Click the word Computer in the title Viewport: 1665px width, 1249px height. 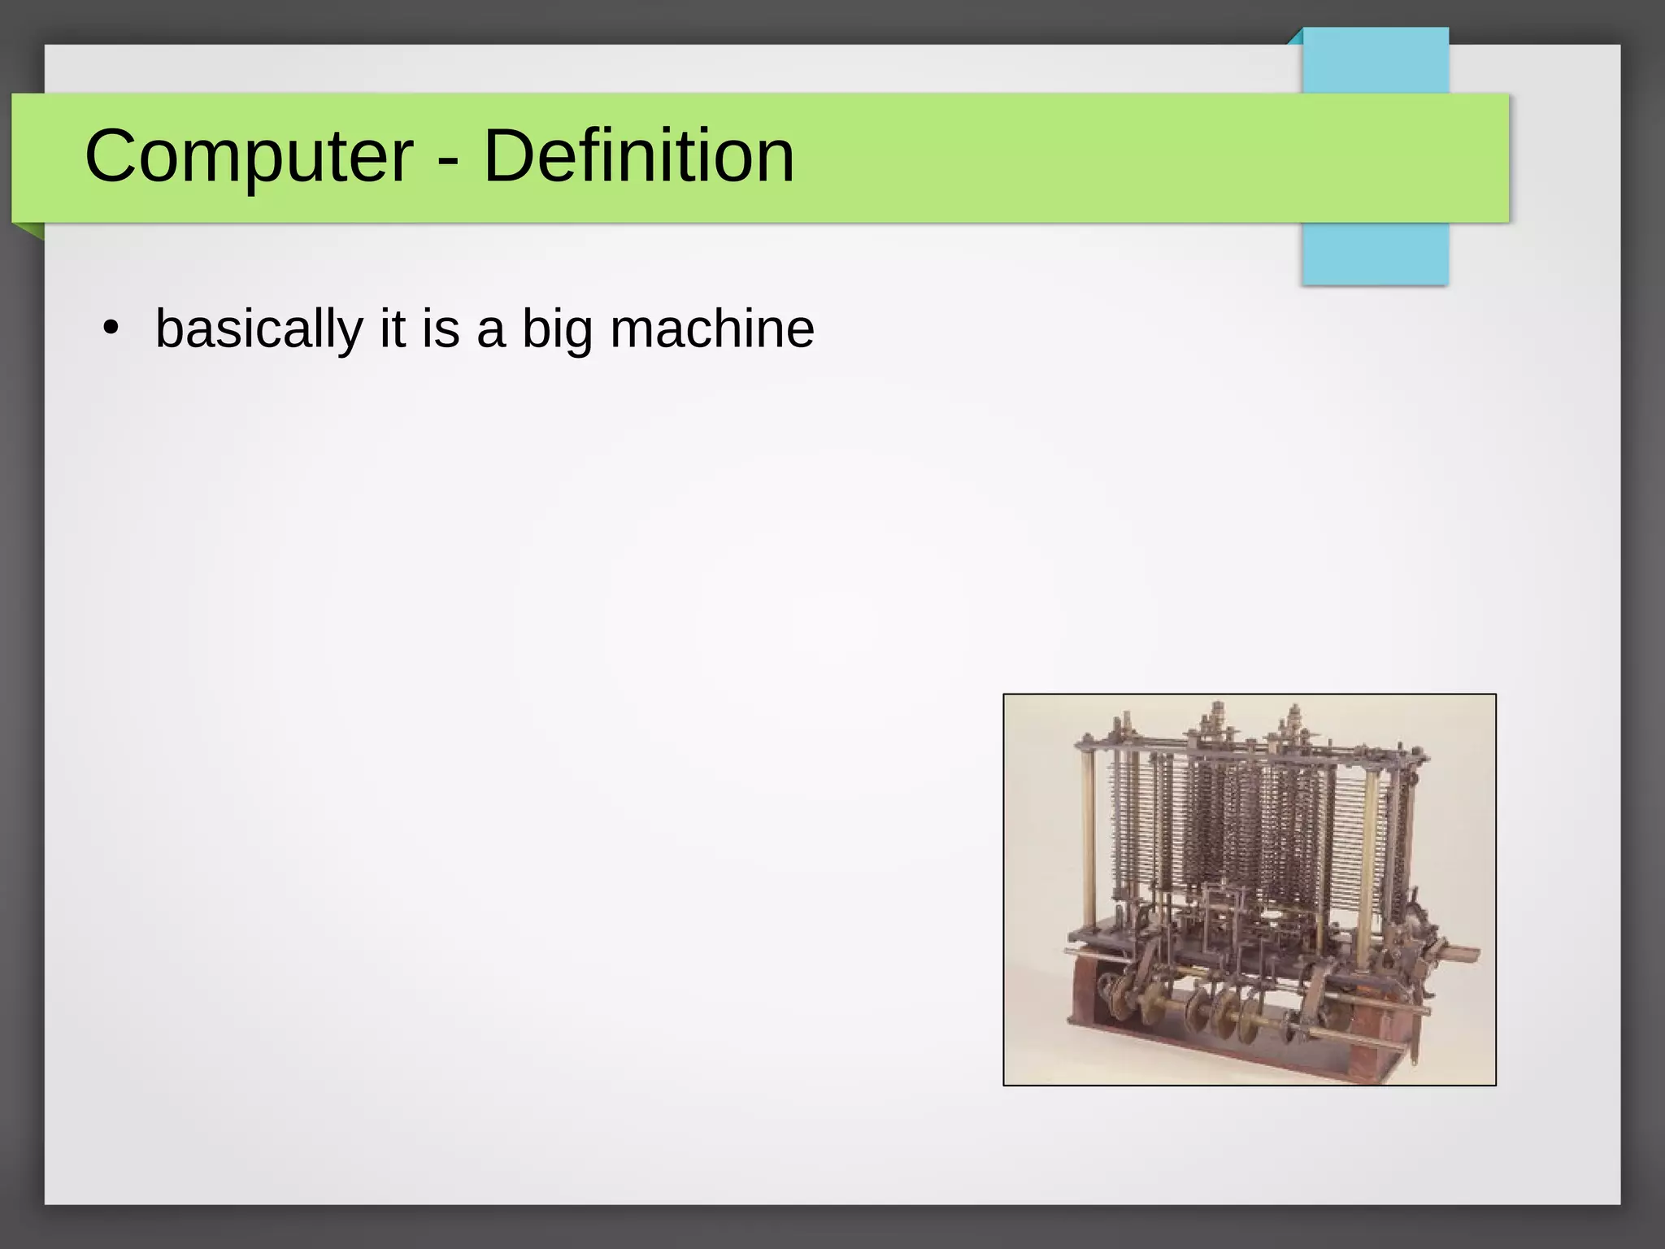click(x=249, y=156)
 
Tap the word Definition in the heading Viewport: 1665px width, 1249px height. click(x=639, y=156)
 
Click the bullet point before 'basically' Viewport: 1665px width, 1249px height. click(x=111, y=329)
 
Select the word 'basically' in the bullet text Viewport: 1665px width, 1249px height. click(x=259, y=329)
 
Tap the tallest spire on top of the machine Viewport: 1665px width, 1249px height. click(x=1217, y=720)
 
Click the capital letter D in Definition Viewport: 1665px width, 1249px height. click(x=510, y=156)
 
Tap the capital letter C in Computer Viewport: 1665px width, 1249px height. click(x=112, y=156)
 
